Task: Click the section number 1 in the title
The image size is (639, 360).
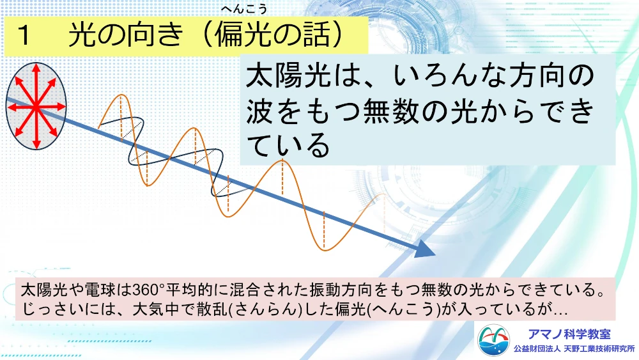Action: (24, 35)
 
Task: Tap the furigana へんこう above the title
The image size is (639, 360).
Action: (244, 8)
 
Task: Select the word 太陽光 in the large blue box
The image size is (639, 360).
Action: (288, 76)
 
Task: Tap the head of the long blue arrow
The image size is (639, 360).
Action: (425, 250)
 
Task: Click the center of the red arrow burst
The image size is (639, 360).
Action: (36, 106)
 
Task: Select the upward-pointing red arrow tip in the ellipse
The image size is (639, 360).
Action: (36, 68)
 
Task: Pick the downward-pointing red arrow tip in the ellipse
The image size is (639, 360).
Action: (36, 145)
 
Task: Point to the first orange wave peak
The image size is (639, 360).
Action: (121, 95)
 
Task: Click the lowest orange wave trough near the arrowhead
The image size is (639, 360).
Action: (325, 249)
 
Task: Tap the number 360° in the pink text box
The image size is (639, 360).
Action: (148, 290)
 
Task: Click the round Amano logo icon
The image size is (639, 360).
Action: (493, 340)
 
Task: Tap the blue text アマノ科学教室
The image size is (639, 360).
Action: (569, 334)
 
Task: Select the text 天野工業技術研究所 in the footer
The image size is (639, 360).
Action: (599, 349)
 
